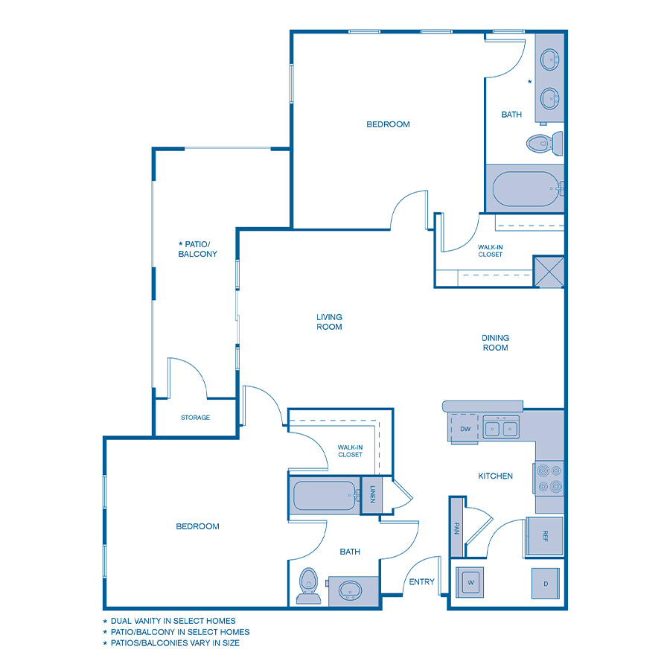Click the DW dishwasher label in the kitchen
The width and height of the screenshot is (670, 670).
coord(465,429)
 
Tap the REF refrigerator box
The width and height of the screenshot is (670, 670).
coord(545,535)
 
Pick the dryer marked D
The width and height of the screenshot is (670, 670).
coord(546,584)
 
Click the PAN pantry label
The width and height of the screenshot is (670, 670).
coord(456,528)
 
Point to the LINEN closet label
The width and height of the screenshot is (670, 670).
coord(372,494)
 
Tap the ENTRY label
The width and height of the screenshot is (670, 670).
coord(422,581)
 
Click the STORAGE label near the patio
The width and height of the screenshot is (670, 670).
coord(195,418)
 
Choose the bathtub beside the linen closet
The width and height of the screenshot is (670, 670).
coord(325,496)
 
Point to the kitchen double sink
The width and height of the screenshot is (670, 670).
coord(501,428)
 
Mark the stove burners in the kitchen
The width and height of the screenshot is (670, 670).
coord(549,479)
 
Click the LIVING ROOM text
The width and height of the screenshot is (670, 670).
coord(329,322)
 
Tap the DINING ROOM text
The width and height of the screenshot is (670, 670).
coord(495,342)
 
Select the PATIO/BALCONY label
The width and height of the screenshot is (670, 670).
coord(197,249)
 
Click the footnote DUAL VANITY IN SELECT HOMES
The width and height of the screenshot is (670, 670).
coord(173,620)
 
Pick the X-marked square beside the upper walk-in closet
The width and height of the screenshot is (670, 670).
coord(549,272)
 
